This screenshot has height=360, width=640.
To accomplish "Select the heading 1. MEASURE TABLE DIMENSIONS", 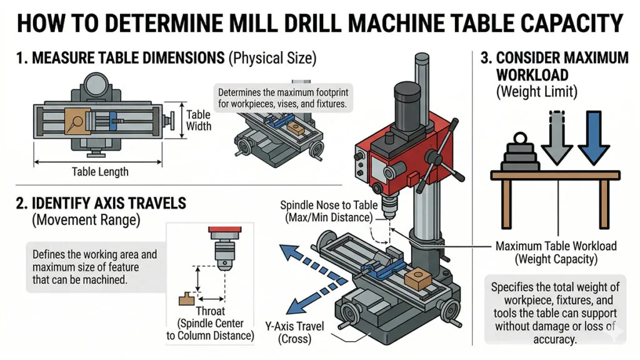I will point(119,59).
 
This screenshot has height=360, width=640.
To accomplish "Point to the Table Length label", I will point(100,172).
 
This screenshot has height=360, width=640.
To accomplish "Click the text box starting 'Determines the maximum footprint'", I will point(279,97).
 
